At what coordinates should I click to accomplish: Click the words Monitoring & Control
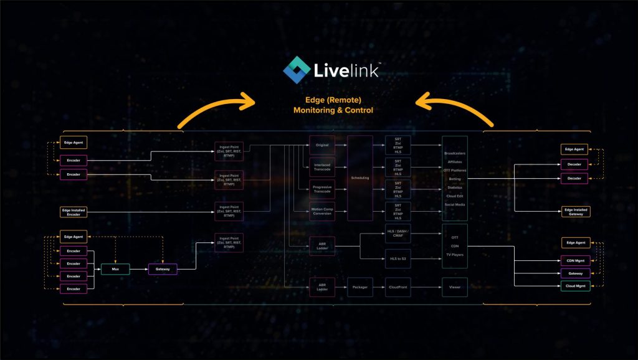(333, 110)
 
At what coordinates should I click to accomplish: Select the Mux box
(115, 269)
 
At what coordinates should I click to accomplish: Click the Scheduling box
(359, 178)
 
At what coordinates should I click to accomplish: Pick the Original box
(322, 145)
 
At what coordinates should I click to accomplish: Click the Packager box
(359, 287)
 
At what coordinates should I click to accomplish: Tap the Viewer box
(454, 287)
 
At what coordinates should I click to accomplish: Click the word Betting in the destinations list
(455, 178)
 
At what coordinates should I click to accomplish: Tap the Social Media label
(455, 204)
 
